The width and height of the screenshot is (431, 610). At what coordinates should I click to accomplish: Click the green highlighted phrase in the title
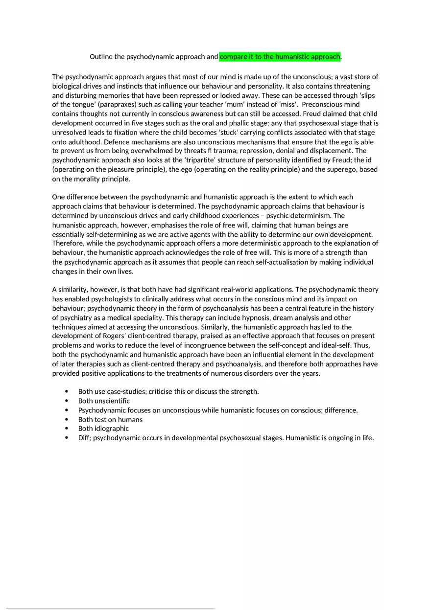point(280,57)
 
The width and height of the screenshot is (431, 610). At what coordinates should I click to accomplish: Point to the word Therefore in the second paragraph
point(68,244)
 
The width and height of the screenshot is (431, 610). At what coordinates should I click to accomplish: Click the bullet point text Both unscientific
point(104,401)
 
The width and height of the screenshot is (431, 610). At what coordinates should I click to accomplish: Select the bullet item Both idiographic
point(103,429)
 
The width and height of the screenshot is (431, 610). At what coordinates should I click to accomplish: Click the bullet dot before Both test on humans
point(66,420)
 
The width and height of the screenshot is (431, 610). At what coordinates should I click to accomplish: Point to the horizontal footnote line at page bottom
point(110,609)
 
